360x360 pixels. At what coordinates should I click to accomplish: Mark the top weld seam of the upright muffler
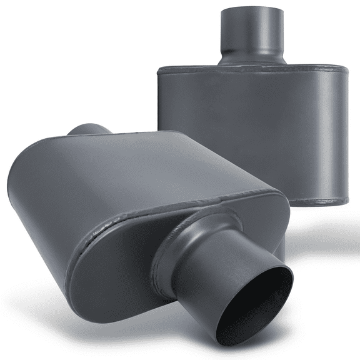(x=250, y=69)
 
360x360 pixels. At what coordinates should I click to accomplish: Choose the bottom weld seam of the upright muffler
(x=319, y=201)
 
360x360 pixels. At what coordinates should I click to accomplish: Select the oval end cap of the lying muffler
(x=125, y=275)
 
